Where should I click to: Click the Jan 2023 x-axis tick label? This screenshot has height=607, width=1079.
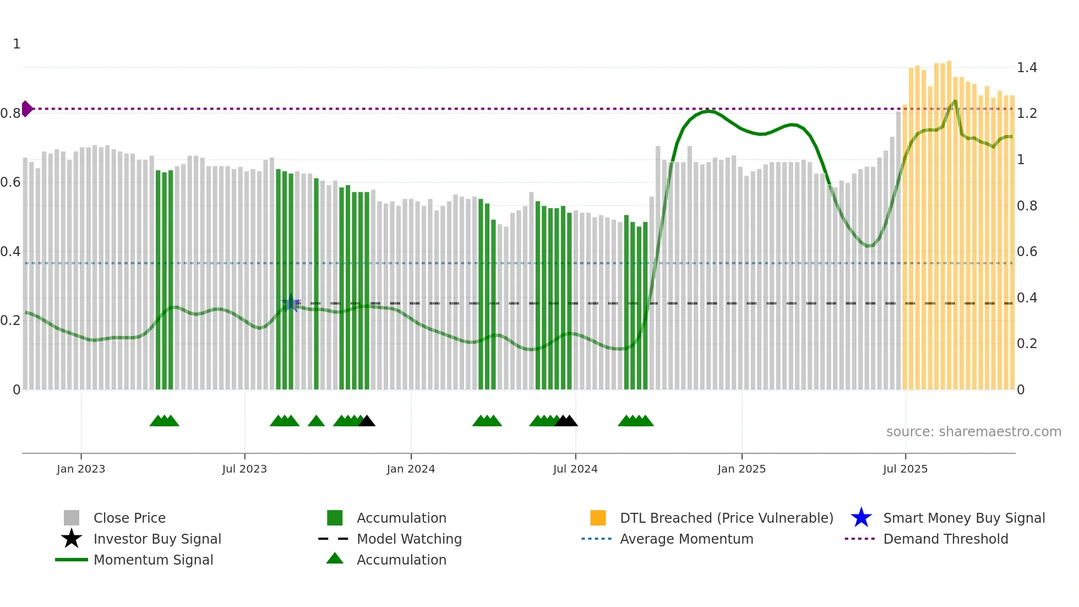(80, 469)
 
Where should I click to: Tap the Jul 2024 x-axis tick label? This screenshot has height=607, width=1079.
(575, 469)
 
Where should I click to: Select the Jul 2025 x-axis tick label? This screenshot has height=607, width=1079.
(905, 469)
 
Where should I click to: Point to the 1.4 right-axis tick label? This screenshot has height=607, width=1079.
(1027, 68)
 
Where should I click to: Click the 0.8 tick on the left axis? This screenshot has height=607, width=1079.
(10, 113)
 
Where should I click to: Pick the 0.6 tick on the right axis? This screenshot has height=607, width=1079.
(1027, 252)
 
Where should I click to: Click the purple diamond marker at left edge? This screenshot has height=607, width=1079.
(26, 109)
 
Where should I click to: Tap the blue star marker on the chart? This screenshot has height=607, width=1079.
(291, 303)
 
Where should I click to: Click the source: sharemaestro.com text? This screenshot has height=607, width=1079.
(973, 432)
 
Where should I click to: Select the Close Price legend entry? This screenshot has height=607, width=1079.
(129, 518)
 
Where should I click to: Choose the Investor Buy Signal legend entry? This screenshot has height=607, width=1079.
(157, 539)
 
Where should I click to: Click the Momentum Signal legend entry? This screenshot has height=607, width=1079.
(153, 560)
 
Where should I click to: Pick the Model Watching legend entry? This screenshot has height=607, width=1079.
(409, 539)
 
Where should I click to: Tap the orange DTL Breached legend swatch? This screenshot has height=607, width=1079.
(598, 518)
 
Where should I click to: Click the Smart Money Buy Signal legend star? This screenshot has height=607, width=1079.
(861, 518)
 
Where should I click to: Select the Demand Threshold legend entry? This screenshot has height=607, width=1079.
(945, 539)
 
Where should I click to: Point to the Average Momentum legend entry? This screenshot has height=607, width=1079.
(686, 539)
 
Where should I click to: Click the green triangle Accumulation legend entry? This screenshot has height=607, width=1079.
(401, 560)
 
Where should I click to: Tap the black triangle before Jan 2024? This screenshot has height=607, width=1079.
(367, 421)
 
